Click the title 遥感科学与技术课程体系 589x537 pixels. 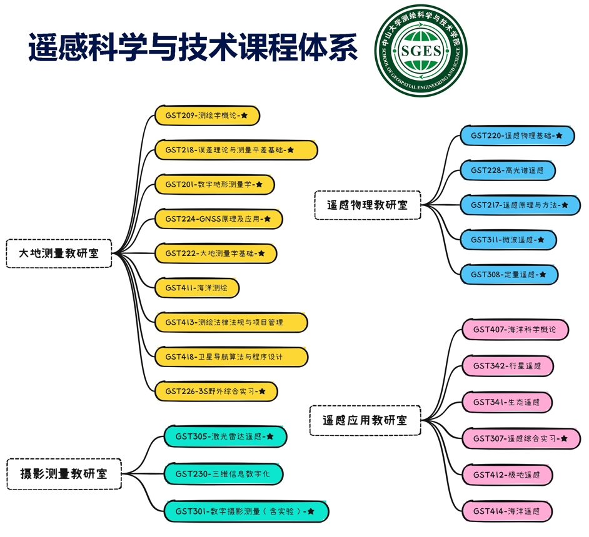point(193,47)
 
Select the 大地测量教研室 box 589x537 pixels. point(59,254)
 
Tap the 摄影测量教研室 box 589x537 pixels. point(64,473)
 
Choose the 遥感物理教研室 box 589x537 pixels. point(367,205)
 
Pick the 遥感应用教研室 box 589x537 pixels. point(365,420)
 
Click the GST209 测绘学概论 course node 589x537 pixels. point(207,116)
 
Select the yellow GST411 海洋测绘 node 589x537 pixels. point(197,288)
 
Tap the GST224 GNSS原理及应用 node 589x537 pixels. point(218,219)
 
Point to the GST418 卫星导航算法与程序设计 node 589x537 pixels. point(231,357)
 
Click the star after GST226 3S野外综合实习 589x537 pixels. point(262,392)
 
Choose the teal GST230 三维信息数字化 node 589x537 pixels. point(223,474)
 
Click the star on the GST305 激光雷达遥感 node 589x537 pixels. point(270,436)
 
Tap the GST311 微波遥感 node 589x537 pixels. point(508,240)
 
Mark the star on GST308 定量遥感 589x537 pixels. point(543,275)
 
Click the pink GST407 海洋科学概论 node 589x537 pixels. point(515,330)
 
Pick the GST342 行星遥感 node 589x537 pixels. point(507,365)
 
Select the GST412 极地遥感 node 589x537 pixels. point(507,475)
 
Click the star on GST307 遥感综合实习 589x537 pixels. point(564,439)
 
